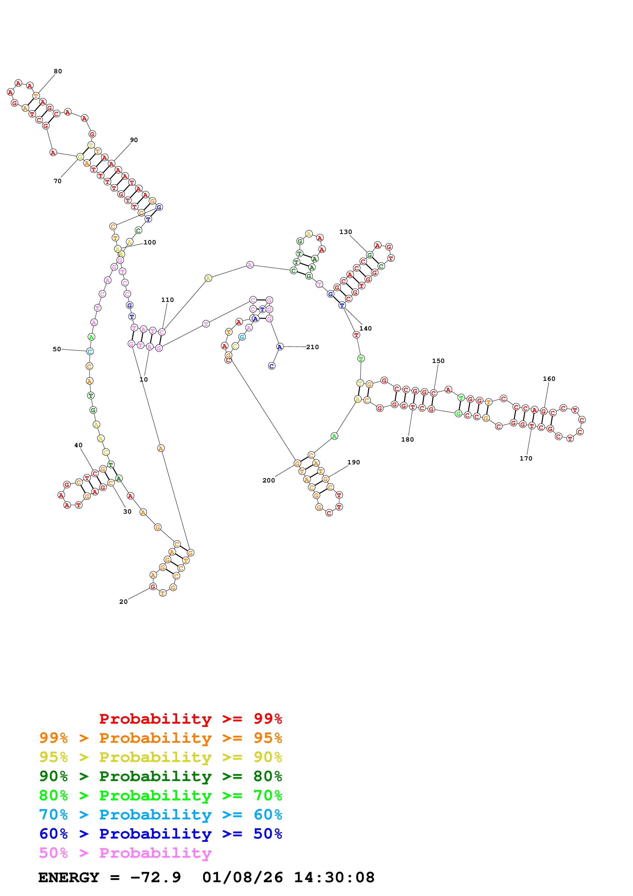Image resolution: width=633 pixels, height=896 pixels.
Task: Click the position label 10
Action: pyautogui.click(x=144, y=379)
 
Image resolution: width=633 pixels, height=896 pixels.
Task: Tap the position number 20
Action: pyautogui.click(x=123, y=602)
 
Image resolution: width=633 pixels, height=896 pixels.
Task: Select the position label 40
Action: pyautogui.click(x=78, y=445)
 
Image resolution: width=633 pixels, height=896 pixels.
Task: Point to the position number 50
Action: pyautogui.click(x=57, y=349)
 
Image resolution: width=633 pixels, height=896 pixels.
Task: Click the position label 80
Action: pyautogui.click(x=58, y=72)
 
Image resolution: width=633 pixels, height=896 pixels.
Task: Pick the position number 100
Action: pyautogui.click(x=150, y=242)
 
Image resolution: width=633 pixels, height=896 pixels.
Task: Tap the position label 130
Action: pyautogui.click(x=345, y=232)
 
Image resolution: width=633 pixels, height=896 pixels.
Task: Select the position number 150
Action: pyautogui.click(x=438, y=361)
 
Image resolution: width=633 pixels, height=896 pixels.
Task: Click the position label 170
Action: pyautogui.click(x=526, y=458)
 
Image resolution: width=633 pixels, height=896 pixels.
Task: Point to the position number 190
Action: pyautogui.click(x=353, y=463)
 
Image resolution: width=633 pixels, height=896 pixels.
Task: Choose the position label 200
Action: pyautogui.click(x=269, y=480)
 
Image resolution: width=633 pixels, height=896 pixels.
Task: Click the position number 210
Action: pyautogui.click(x=312, y=347)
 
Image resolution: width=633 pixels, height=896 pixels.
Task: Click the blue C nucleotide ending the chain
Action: pyautogui.click(x=272, y=366)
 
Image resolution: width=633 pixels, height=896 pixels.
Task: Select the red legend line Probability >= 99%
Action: pyautogui.click(x=190, y=719)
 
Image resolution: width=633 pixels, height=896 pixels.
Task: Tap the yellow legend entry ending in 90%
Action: pyautogui.click(x=161, y=757)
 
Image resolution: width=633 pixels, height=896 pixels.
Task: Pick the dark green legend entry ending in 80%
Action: pyautogui.click(x=161, y=776)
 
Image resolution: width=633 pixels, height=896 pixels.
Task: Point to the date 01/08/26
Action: pyautogui.click(x=243, y=878)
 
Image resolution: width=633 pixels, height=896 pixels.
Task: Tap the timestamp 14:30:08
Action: pyautogui.click(x=334, y=878)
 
